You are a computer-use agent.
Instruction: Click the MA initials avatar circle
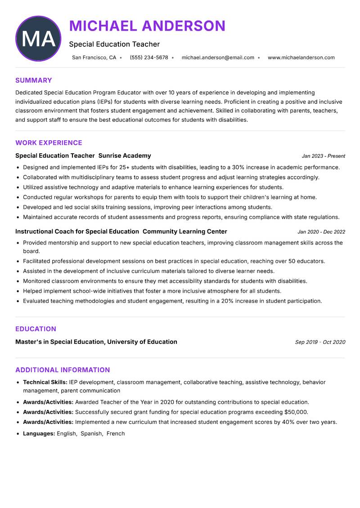(x=38, y=39)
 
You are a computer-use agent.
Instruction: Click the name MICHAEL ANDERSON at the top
(x=147, y=26)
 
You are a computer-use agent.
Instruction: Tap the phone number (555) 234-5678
(x=148, y=58)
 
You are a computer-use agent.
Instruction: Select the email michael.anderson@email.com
(x=218, y=58)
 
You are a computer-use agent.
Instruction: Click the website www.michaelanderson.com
(x=301, y=58)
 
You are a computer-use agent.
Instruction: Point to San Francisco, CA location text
(x=94, y=58)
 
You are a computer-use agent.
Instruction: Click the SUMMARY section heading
(x=34, y=80)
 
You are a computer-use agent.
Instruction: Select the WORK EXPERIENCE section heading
(x=49, y=143)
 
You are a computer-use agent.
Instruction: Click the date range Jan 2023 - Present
(x=323, y=156)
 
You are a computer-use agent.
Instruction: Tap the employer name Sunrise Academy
(x=125, y=156)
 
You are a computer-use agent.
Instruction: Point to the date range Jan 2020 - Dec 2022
(x=321, y=232)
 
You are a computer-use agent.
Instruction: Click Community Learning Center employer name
(x=184, y=232)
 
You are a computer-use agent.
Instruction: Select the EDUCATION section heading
(x=36, y=329)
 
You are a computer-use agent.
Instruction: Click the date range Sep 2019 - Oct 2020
(x=320, y=342)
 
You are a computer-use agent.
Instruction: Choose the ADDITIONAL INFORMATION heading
(x=63, y=370)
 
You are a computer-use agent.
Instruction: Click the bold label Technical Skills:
(x=45, y=382)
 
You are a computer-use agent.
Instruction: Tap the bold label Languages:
(x=39, y=434)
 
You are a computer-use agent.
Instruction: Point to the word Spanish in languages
(x=91, y=434)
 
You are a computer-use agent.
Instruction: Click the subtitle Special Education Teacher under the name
(x=114, y=44)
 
